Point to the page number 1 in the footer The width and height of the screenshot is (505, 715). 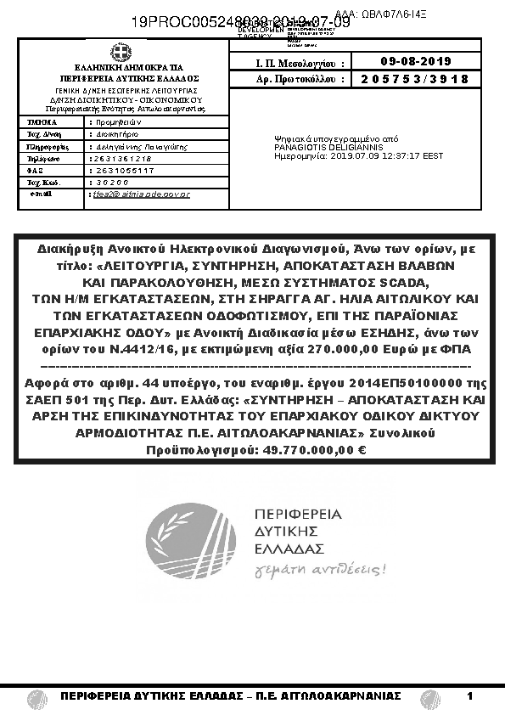coord(469,696)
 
